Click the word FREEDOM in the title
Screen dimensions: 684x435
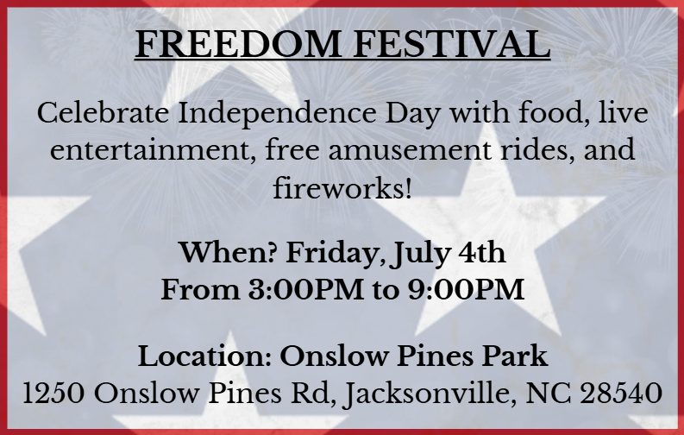coord(238,44)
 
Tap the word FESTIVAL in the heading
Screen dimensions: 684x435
coord(451,44)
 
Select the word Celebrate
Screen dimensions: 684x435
coord(103,113)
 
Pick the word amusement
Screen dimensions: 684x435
coord(409,150)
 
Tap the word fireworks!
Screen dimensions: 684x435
coord(342,187)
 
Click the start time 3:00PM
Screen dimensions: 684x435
coord(306,289)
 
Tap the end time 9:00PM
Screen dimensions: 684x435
coord(466,289)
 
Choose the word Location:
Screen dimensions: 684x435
coord(204,356)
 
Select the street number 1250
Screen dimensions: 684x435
coord(53,393)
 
